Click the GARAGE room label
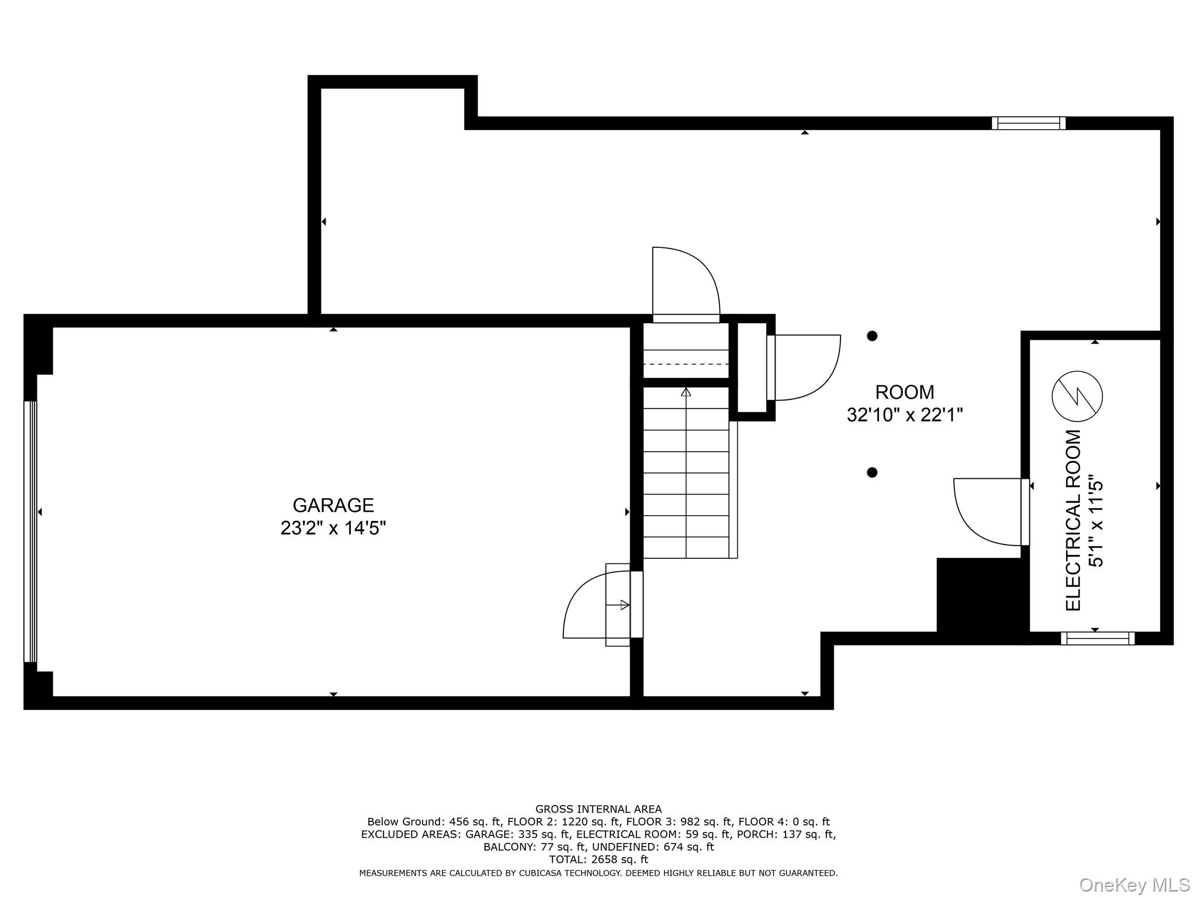pyautogui.click(x=333, y=505)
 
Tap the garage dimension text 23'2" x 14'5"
pyautogui.click(x=333, y=528)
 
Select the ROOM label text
pyautogui.click(x=904, y=392)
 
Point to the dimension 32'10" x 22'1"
pyautogui.click(x=904, y=415)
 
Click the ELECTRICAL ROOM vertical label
pyautogui.click(x=1074, y=520)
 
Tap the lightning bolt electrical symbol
pyautogui.click(x=1077, y=396)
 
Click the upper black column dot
pyautogui.click(x=872, y=336)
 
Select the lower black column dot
pyautogui.click(x=872, y=472)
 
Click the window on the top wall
pyautogui.click(x=1029, y=123)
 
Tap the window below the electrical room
pyautogui.click(x=1098, y=638)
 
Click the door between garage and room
pyautogui.click(x=602, y=605)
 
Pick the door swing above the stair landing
pyautogui.click(x=685, y=284)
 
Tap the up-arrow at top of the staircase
pyautogui.click(x=686, y=392)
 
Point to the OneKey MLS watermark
pyautogui.click(x=1134, y=885)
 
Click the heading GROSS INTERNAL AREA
pyautogui.click(x=598, y=809)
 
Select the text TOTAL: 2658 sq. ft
pyautogui.click(x=598, y=859)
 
